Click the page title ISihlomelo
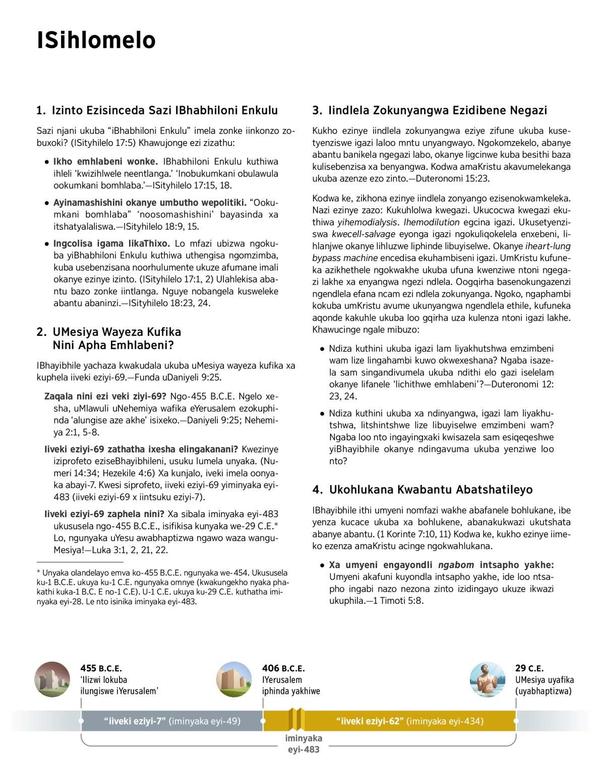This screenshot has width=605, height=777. pyautogui.click(x=96, y=40)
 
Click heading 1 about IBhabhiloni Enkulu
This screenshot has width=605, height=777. pyautogui.click(x=157, y=110)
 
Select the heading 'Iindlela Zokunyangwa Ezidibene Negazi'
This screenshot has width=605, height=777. pyautogui.click(x=430, y=110)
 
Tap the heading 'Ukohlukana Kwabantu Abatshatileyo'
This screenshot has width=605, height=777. pyautogui.click(x=422, y=489)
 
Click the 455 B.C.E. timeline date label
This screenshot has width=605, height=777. pyautogui.click(x=101, y=668)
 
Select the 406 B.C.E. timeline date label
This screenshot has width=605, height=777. pyautogui.click(x=283, y=668)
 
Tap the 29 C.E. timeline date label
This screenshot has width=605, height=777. pyautogui.click(x=529, y=668)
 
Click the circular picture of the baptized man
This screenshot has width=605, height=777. pyautogui.click(x=488, y=679)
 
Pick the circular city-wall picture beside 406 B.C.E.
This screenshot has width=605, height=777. pyautogui.click(x=234, y=679)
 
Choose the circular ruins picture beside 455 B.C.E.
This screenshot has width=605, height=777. pyautogui.click(x=52, y=679)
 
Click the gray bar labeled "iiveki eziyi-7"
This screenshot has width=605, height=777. pyautogui.click(x=172, y=721)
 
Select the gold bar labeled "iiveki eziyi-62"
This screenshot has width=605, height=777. pyautogui.click(x=409, y=721)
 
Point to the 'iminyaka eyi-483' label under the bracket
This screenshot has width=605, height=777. pyautogui.click(x=304, y=744)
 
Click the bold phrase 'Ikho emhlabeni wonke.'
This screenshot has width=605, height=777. pyautogui.click(x=105, y=162)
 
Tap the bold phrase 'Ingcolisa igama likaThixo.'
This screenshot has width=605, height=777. pyautogui.click(x=111, y=244)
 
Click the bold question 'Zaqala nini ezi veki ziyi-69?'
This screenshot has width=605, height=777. pyautogui.click(x=105, y=396)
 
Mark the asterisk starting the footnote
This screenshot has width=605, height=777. pyautogui.click(x=38, y=573)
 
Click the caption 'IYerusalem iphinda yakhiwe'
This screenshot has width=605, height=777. pyautogui.click(x=291, y=685)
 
